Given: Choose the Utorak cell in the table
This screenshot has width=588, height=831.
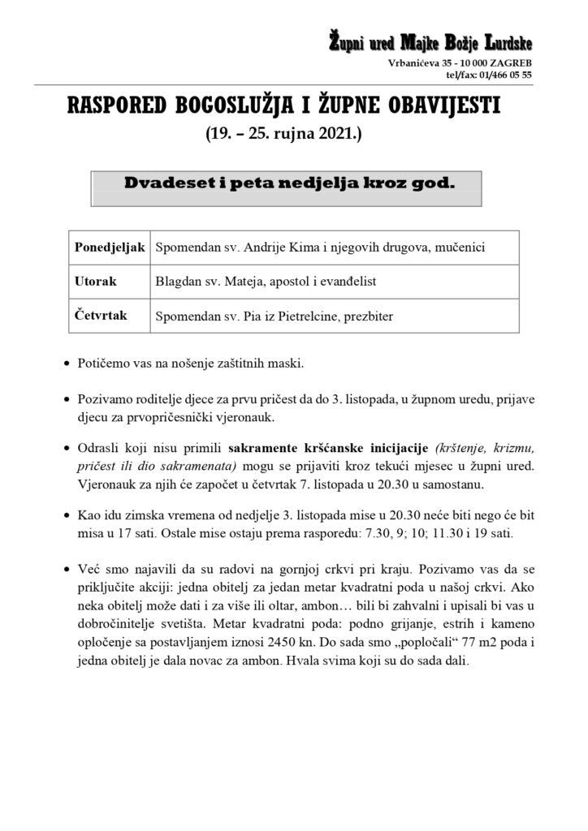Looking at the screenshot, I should (95, 282).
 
